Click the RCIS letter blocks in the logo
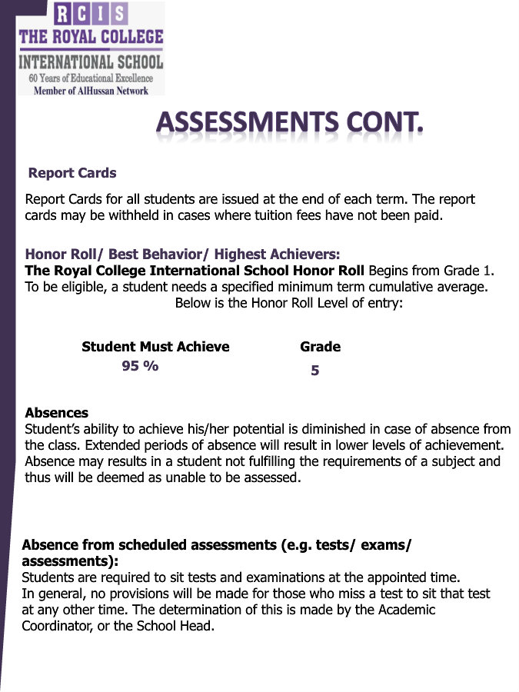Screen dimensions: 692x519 coord(91,15)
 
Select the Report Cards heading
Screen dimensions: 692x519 coord(72,173)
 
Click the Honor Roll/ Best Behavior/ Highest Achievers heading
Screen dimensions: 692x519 coord(182,254)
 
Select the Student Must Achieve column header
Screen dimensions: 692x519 coord(155,347)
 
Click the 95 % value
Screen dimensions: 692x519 coord(140,366)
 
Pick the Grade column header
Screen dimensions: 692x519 coord(320,347)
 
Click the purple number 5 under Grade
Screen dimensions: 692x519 coord(314,371)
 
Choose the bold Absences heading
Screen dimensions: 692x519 coord(56,413)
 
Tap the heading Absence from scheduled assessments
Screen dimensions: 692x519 coord(216,545)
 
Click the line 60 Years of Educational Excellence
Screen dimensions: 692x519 coord(91,78)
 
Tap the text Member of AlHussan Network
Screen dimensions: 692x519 coord(91,90)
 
